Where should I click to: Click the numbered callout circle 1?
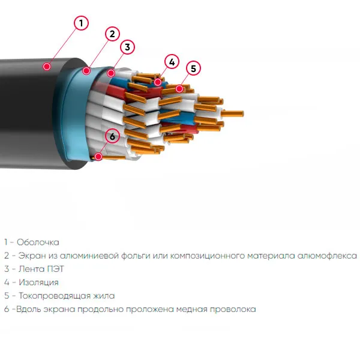click(x=81, y=23)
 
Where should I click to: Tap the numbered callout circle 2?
click(x=112, y=34)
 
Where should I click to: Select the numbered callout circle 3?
click(x=127, y=47)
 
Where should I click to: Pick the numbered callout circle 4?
click(x=172, y=62)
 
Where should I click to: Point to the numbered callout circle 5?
click(x=194, y=68)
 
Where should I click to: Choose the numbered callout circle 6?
click(x=112, y=136)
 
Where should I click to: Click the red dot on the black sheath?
click(x=47, y=67)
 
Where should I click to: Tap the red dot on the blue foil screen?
click(x=86, y=70)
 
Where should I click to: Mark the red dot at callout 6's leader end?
click(x=98, y=157)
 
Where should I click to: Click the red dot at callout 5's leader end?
click(x=179, y=88)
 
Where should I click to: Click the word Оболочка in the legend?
click(x=38, y=242)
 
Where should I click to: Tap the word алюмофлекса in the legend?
click(x=327, y=256)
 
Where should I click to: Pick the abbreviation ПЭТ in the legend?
click(x=56, y=269)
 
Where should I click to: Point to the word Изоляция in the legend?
click(x=38, y=283)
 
